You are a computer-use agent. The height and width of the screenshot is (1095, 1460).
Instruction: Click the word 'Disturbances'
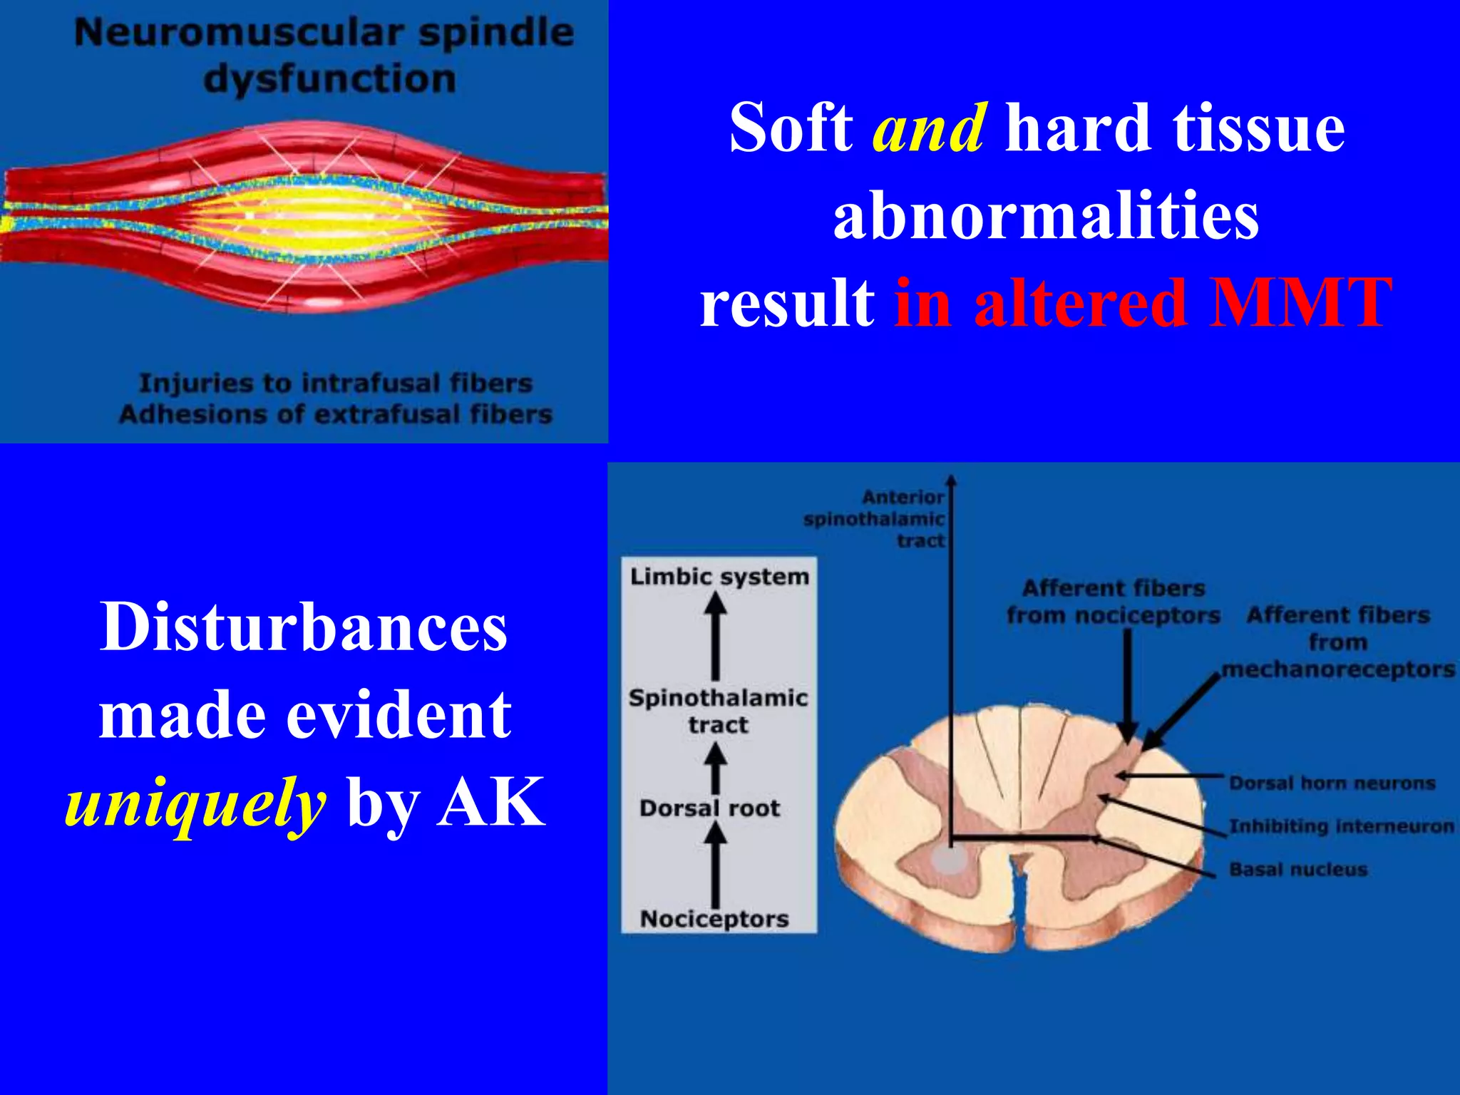(x=304, y=627)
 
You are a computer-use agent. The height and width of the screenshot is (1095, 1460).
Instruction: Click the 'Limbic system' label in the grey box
(x=719, y=576)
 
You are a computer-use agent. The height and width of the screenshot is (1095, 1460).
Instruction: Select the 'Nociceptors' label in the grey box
(x=714, y=918)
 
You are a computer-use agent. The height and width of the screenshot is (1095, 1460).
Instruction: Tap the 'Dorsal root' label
(x=710, y=808)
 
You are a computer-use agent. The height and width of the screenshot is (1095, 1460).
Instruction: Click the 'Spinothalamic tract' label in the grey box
(x=718, y=711)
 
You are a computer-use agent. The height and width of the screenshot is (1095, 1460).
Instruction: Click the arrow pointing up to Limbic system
(x=715, y=636)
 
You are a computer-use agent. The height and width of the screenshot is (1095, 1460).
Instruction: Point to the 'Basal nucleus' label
(x=1298, y=869)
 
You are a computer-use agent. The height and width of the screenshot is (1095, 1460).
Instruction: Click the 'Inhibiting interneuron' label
(x=1341, y=826)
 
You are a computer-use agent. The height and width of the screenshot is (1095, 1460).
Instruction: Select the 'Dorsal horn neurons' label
(x=1332, y=783)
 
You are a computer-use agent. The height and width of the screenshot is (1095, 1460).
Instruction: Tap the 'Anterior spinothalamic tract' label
(x=875, y=518)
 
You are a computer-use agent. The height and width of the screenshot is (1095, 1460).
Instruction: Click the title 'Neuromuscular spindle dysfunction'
(x=324, y=56)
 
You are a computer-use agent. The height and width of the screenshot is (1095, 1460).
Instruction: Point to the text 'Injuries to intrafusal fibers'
(x=336, y=384)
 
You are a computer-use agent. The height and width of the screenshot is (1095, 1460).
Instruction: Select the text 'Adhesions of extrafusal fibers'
(x=336, y=414)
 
